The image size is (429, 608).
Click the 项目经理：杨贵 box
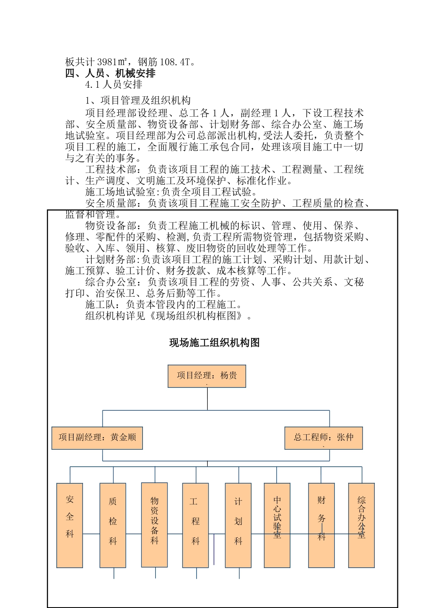pyautogui.click(x=207, y=376)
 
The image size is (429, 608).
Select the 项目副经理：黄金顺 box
pyautogui.click(x=97, y=437)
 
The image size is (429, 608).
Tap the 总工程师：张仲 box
pyautogui.click(x=323, y=437)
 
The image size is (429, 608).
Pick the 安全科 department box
pyautogui.click(x=70, y=525)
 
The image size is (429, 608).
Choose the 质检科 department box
pyautogui.click(x=112, y=525)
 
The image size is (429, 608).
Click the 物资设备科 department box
pyautogui.click(x=154, y=525)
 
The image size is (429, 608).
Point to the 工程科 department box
pyautogui.click(x=195, y=525)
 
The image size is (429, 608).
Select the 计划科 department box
pyautogui.click(x=238, y=525)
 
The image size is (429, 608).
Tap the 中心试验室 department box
pyautogui.click(x=277, y=525)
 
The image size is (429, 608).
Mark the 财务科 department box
pyautogui.click(x=321, y=525)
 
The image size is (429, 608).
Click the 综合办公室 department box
pyautogui.click(x=361, y=525)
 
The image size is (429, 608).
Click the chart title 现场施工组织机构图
pyautogui.click(x=214, y=343)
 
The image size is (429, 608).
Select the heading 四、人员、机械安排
pyautogui.click(x=111, y=73)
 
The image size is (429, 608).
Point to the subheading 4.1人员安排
pyautogui.click(x=114, y=85)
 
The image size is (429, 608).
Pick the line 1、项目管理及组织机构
pyautogui.click(x=138, y=100)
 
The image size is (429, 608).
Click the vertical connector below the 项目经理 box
pyautogui.click(x=207, y=399)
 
